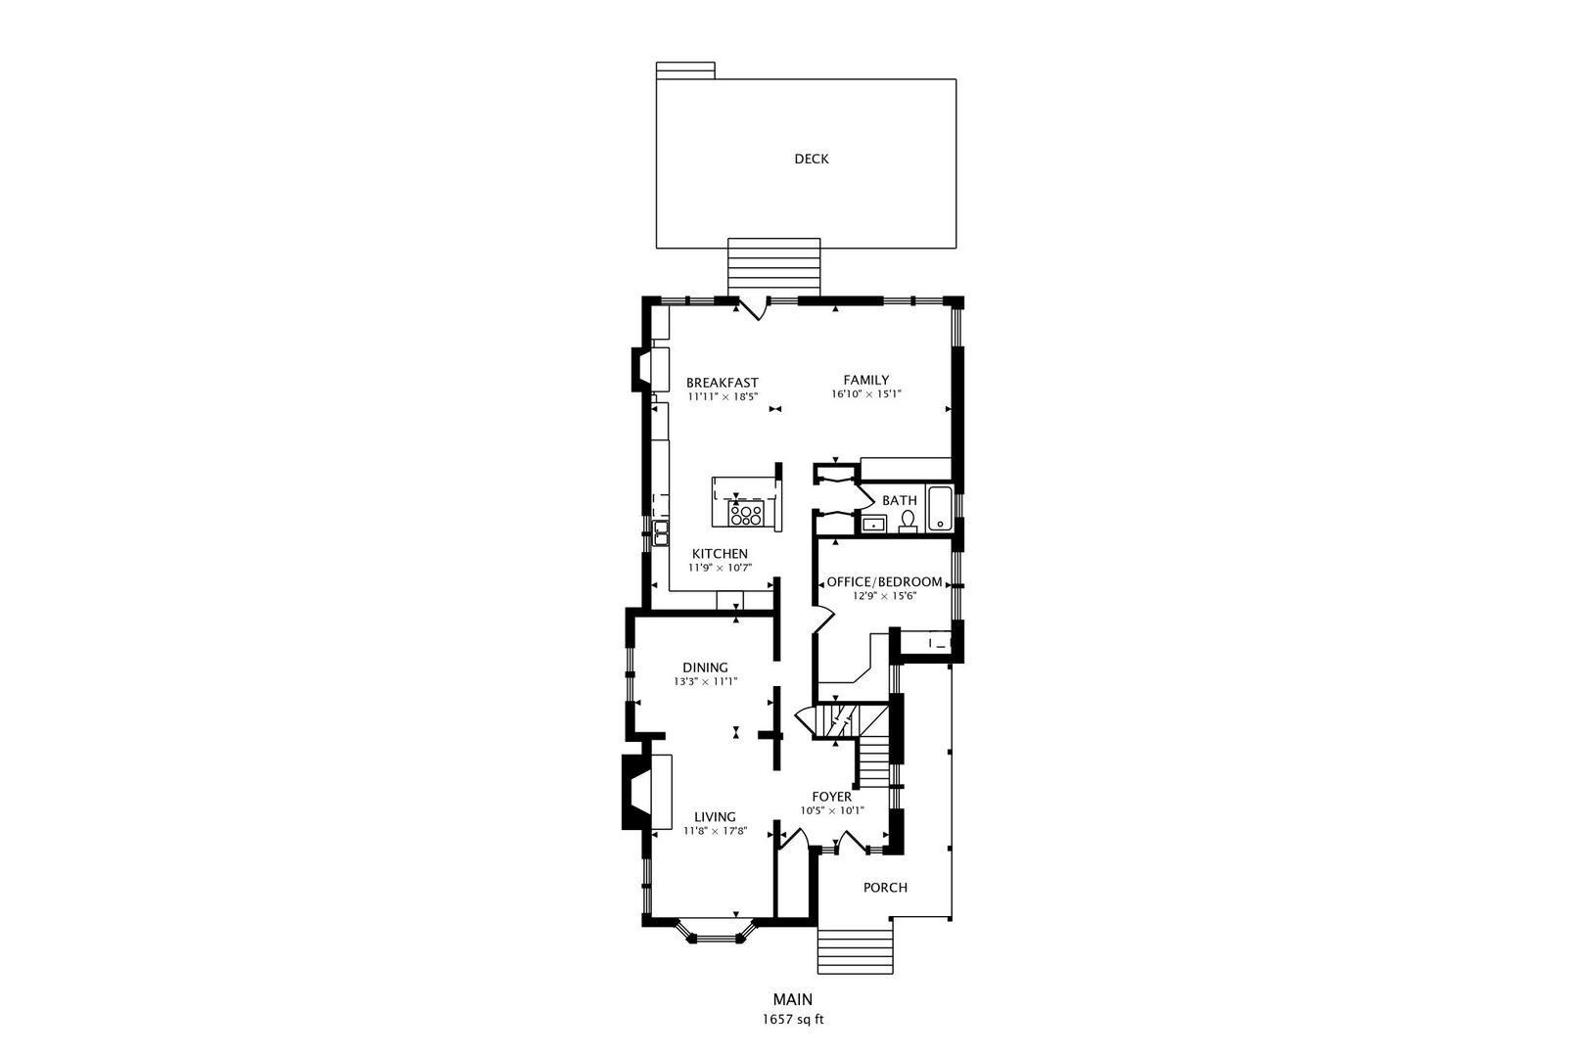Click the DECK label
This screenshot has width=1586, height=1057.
[x=811, y=159]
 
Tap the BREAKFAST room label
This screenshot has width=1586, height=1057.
[x=722, y=383]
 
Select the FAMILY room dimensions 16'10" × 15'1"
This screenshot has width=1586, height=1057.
[x=865, y=394]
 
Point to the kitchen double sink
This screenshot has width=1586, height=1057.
[x=661, y=532]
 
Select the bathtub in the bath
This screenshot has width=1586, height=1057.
[x=940, y=509]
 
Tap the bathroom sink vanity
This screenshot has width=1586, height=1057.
[x=872, y=525]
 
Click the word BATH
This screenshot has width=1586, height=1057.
[x=899, y=500]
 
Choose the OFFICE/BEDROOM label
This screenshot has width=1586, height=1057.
[x=884, y=581]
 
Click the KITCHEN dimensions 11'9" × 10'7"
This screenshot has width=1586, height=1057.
[x=720, y=568]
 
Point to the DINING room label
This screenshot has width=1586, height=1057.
[x=705, y=667]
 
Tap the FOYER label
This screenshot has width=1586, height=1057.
[x=831, y=797]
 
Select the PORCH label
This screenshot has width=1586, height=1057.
[x=884, y=888]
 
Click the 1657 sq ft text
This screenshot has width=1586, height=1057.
[x=793, y=1019]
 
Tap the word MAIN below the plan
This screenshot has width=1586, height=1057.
[x=792, y=999]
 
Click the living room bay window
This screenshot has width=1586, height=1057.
[x=723, y=935]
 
